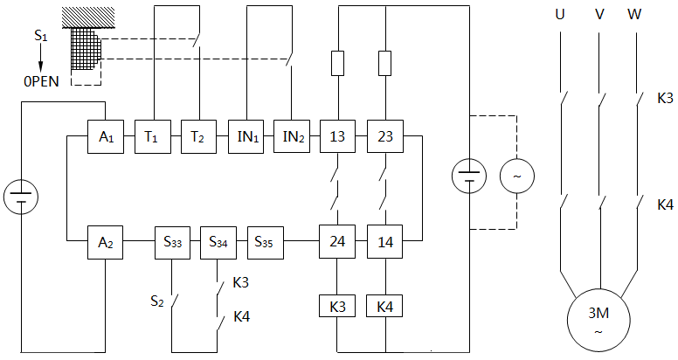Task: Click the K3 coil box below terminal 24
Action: (x=337, y=307)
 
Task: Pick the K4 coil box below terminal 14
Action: (x=384, y=307)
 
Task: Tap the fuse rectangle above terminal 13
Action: (x=337, y=63)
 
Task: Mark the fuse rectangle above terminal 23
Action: (x=384, y=63)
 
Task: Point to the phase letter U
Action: (x=560, y=15)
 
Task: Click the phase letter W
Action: (x=635, y=15)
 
